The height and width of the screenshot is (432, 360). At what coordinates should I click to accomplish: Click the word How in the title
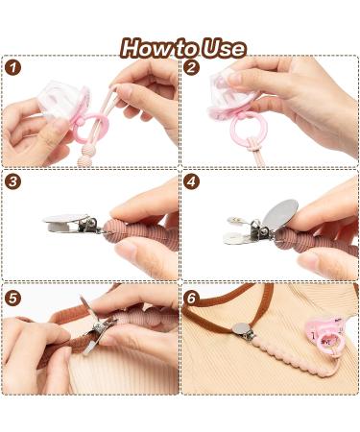pos(147,48)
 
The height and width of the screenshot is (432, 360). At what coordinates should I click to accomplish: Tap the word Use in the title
pos(224,48)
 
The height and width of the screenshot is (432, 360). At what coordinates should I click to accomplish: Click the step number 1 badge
pos(13,68)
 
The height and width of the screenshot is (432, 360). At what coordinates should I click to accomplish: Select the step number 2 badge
pos(192,68)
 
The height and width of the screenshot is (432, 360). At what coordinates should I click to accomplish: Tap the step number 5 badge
pos(13,297)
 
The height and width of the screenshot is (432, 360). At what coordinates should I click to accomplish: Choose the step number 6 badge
pos(192,297)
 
